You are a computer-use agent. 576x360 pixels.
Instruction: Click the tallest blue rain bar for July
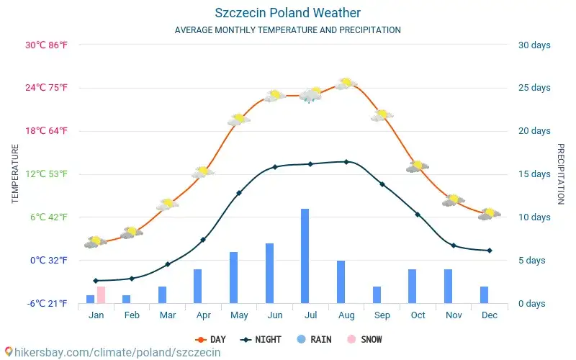(305, 256)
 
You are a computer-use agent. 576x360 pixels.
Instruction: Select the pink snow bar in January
(101, 294)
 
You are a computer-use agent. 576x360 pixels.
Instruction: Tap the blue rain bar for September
(377, 294)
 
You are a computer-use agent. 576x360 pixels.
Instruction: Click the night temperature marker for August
(346, 162)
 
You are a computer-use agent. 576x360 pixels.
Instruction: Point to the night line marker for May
(239, 193)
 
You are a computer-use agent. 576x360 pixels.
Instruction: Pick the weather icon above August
(346, 84)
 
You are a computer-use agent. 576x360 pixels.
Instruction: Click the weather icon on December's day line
(489, 214)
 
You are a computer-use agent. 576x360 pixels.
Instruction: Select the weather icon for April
(203, 172)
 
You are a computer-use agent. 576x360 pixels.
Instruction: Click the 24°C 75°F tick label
(47, 88)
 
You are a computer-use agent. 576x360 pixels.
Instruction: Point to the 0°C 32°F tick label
(48, 260)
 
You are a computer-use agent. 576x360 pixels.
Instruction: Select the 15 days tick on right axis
(534, 174)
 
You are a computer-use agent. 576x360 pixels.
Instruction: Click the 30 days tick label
(534, 45)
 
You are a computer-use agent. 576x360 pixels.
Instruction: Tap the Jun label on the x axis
(274, 315)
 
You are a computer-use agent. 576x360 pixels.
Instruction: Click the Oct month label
(418, 315)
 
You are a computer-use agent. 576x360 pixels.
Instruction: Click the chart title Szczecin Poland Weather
(288, 13)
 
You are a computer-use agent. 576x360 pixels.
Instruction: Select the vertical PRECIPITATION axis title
(561, 174)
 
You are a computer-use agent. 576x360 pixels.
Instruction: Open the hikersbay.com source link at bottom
(112, 352)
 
